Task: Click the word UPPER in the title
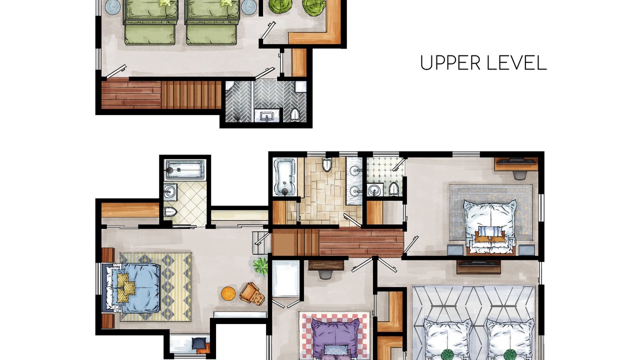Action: (450, 63)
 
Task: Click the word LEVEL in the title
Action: (517, 63)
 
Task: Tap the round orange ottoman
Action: (228, 293)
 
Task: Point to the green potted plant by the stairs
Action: (260, 266)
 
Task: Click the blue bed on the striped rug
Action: (133, 287)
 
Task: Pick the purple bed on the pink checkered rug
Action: (335, 340)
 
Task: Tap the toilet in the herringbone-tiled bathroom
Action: (294, 115)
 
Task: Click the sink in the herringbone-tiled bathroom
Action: (267, 116)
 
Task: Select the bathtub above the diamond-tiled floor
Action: (185, 169)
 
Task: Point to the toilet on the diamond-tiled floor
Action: (170, 212)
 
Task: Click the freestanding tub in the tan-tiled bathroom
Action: (284, 177)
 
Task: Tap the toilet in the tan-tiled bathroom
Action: (327, 164)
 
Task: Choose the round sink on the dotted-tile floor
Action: (373, 189)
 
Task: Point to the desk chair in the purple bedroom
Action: (325, 275)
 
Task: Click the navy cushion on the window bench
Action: (198, 343)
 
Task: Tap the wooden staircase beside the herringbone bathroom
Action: (191, 95)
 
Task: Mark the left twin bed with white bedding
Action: (447, 339)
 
